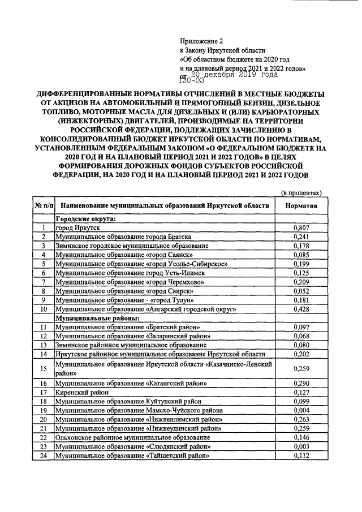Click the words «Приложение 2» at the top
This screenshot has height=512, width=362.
tap(202, 41)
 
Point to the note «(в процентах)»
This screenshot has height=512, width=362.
tap(301, 193)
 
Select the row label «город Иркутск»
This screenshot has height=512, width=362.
tap(73, 227)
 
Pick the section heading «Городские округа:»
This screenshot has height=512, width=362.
tap(85, 218)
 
